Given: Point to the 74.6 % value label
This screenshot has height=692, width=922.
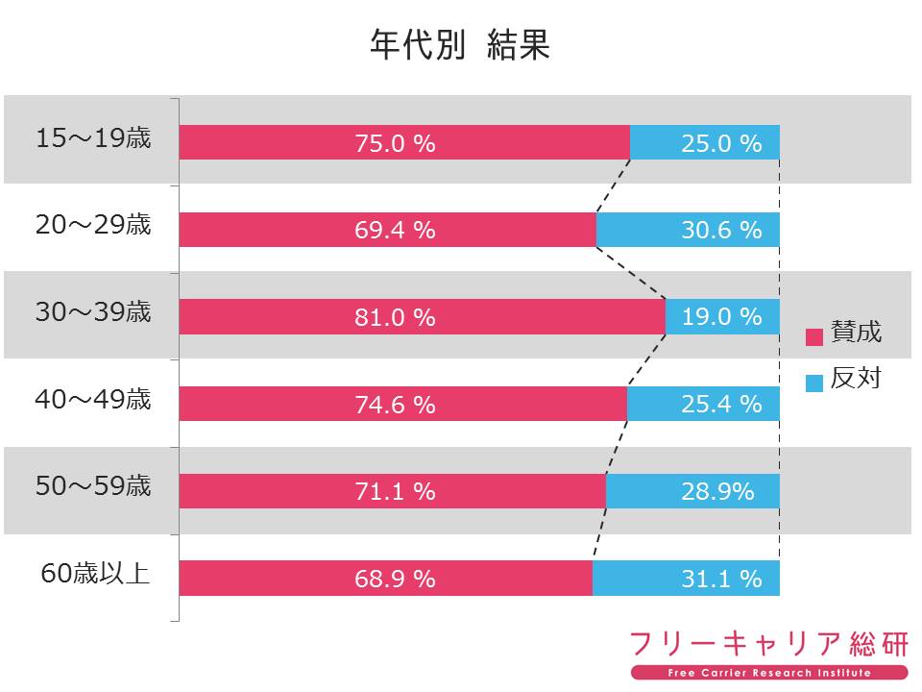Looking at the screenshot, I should [x=395, y=405].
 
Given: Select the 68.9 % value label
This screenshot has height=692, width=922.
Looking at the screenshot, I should [x=395, y=579].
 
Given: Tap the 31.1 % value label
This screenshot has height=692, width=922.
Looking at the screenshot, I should [x=721, y=579].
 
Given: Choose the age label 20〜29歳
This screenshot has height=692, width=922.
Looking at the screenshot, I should [x=93, y=226].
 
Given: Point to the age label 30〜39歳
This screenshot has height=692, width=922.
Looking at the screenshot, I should [x=93, y=312].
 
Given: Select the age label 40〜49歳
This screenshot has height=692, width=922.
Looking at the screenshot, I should [x=93, y=399].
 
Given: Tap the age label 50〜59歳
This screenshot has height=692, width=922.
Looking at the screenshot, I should [x=93, y=486].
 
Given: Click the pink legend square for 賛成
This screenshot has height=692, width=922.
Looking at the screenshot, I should [x=814, y=336].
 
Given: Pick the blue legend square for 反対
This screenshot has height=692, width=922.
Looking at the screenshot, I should [x=814, y=383].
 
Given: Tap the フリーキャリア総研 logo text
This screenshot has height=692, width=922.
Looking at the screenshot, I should [x=768, y=643].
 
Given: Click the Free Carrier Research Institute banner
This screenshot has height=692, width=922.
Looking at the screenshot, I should [x=769, y=672].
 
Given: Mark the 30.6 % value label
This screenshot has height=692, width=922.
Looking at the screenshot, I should [x=721, y=230].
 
